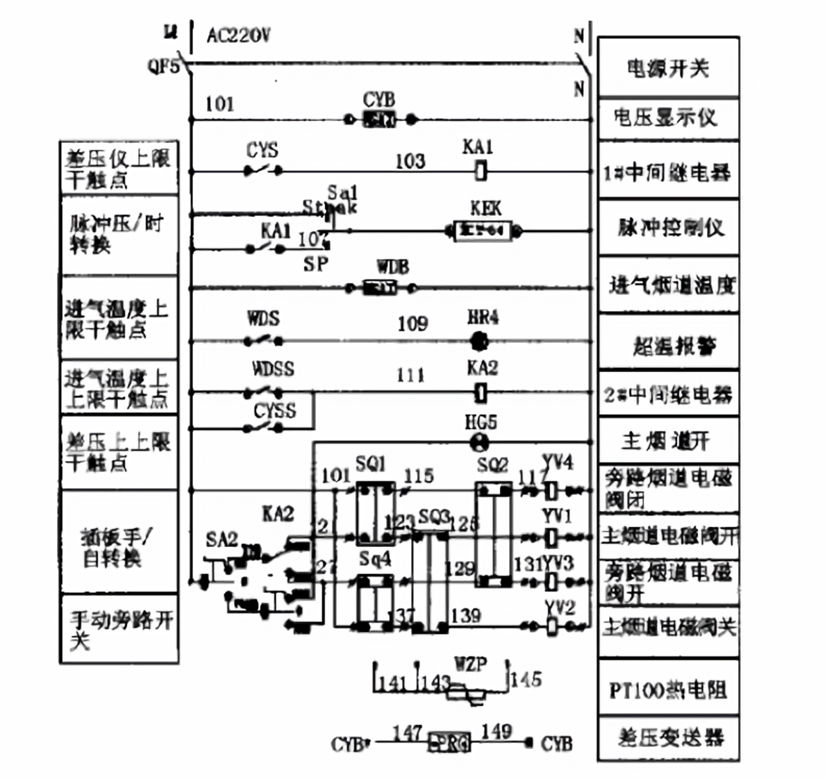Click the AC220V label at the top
click(238, 35)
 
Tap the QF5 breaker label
click(162, 67)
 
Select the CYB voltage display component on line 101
click(380, 119)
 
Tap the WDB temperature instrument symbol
click(380, 287)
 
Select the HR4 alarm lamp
click(479, 341)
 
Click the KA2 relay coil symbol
click(480, 394)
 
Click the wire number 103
click(410, 161)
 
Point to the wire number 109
click(412, 324)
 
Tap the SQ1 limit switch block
click(375, 514)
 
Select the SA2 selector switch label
click(222, 539)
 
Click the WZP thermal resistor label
click(470, 664)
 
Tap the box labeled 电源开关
click(668, 68)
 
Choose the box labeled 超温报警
click(668, 345)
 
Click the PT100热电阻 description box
click(668, 689)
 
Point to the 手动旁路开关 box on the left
click(119, 629)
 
